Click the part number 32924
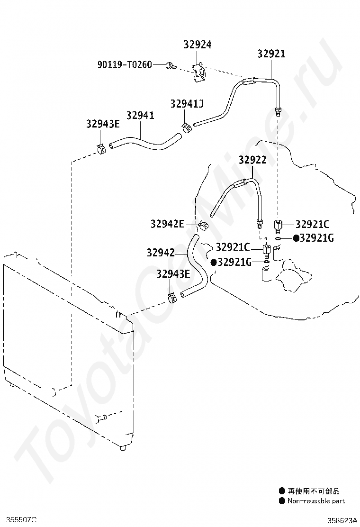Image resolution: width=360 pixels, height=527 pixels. pos(198,45)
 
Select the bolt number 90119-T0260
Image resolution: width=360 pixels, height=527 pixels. pos(125,64)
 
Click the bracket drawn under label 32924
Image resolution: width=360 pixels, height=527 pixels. pos(199,72)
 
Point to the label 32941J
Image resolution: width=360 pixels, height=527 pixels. pos(187,103)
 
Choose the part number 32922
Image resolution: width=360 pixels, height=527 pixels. pos(252,160)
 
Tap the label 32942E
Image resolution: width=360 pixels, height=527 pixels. pos(167,224)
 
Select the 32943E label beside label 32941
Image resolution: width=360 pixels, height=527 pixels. pos(103,124)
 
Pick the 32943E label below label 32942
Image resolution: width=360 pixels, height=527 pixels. pos(173,274)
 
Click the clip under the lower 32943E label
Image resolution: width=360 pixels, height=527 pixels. pos(172,298)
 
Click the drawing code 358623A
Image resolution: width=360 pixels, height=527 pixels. pos(342,521)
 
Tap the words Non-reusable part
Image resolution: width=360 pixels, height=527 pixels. pos(316,501)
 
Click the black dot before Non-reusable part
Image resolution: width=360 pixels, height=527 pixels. pos(282,501)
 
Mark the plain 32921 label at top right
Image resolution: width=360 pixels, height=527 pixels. pos(271,54)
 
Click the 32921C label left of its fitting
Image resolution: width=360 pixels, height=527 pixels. pos(233,247)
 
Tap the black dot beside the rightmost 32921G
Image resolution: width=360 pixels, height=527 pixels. pos(296,238)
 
